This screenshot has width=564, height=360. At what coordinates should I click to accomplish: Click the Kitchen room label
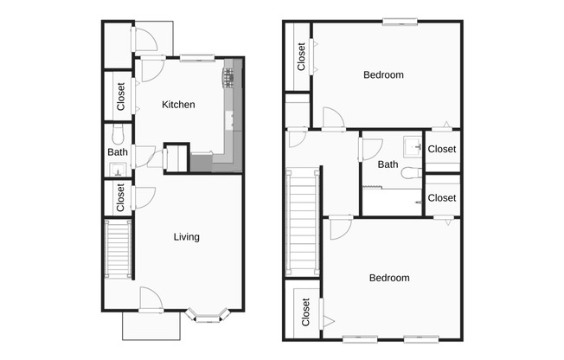[178, 105]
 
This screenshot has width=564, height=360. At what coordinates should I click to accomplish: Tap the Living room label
[186, 237]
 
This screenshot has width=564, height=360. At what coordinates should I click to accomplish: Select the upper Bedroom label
[383, 75]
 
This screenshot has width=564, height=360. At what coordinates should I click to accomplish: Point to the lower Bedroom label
[389, 279]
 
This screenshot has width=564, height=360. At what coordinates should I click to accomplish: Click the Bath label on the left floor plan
[118, 153]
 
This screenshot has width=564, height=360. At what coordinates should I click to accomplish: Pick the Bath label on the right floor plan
[388, 164]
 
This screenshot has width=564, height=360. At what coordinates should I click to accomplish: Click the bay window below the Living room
[208, 316]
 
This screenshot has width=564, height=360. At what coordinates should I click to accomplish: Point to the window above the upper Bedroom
[401, 22]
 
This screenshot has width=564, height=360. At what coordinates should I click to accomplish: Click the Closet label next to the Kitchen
[121, 95]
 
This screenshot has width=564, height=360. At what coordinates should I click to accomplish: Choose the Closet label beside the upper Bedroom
[301, 57]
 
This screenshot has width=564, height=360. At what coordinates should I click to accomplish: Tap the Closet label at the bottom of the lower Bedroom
[305, 312]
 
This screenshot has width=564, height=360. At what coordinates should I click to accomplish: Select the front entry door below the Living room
[151, 305]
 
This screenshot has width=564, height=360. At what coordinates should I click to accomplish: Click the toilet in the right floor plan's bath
[411, 173]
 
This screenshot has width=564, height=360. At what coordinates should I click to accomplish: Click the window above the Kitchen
[197, 58]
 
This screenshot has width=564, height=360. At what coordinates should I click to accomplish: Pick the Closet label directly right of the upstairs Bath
[441, 150]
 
